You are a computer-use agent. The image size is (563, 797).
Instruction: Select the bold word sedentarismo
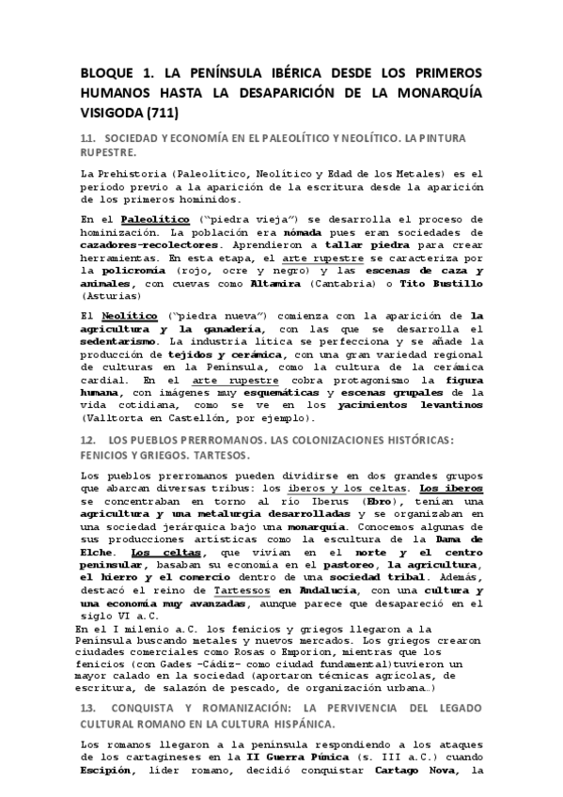point(126,344)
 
